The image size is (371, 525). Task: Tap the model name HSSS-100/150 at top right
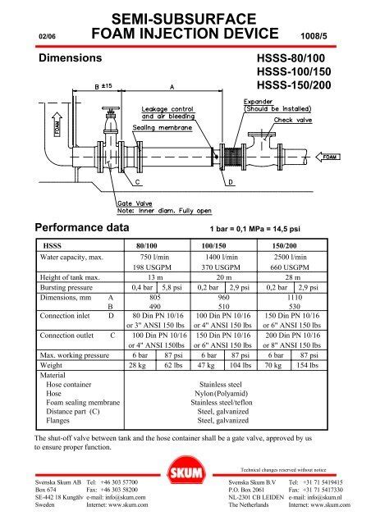pyautogui.click(x=293, y=74)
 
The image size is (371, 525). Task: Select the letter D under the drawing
pyautogui.click(x=230, y=180)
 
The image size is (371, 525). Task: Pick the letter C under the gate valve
pyautogui.click(x=137, y=180)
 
